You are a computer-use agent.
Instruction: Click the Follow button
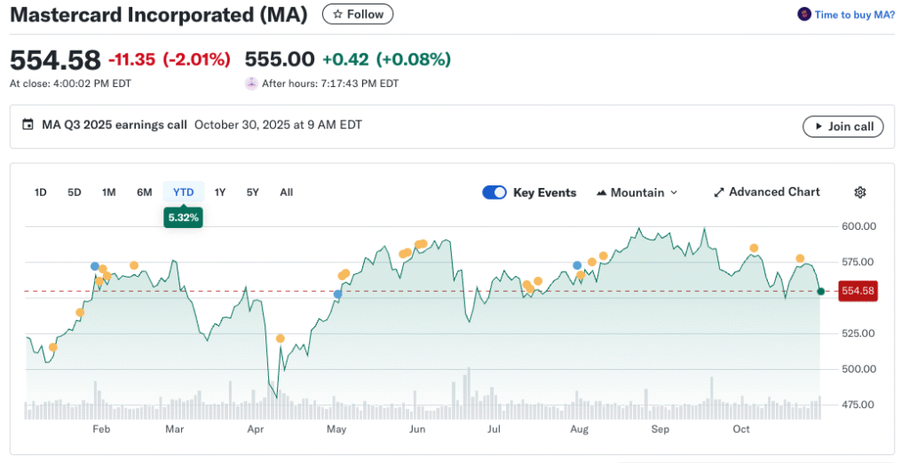click(358, 14)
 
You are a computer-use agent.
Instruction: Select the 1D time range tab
click(41, 192)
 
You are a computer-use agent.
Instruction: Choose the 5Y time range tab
click(253, 192)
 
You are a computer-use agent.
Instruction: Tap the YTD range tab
click(183, 192)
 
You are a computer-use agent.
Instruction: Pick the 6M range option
click(144, 192)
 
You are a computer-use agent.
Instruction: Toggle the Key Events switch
click(494, 192)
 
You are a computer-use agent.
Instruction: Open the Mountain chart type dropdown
click(637, 192)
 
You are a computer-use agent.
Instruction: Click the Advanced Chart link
click(767, 192)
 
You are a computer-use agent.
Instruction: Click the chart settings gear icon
click(859, 192)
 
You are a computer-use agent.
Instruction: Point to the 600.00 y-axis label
click(858, 226)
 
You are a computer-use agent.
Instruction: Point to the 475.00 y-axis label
click(858, 404)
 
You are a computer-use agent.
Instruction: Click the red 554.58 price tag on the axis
click(858, 291)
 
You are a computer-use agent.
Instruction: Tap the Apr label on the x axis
click(255, 429)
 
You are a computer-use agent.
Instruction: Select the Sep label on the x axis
click(660, 429)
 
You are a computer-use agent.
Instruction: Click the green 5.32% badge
click(183, 217)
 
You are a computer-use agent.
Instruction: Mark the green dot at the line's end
click(821, 291)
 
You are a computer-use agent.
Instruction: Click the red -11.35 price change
click(131, 59)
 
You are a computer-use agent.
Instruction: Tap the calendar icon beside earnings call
click(28, 125)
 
